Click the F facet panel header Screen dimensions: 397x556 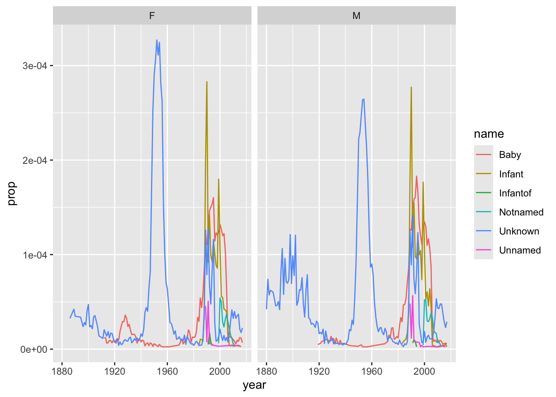pyautogui.click(x=152, y=16)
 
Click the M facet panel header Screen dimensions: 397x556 pyautogui.click(x=356, y=16)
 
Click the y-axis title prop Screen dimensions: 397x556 pyautogui.click(x=12, y=193)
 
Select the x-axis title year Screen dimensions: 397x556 pyautogui.click(x=254, y=385)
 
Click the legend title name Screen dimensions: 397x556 pyautogui.click(x=489, y=134)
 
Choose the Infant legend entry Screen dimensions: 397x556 pyautogui.click(x=511, y=174)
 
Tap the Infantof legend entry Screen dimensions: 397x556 pyautogui.click(x=515, y=193)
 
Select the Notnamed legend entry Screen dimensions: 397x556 pyautogui.click(x=521, y=212)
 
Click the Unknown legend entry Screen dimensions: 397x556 pyautogui.click(x=519, y=231)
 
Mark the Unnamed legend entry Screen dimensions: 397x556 pyautogui.click(x=520, y=250)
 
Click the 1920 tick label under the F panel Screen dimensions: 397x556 pyautogui.click(x=115, y=371)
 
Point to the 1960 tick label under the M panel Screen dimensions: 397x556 pyautogui.click(x=371, y=371)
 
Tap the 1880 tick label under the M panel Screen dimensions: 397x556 pyautogui.click(x=266, y=371)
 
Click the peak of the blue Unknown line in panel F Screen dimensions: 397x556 pyautogui.click(x=157, y=40)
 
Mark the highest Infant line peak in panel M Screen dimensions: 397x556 pyautogui.click(x=411, y=87)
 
